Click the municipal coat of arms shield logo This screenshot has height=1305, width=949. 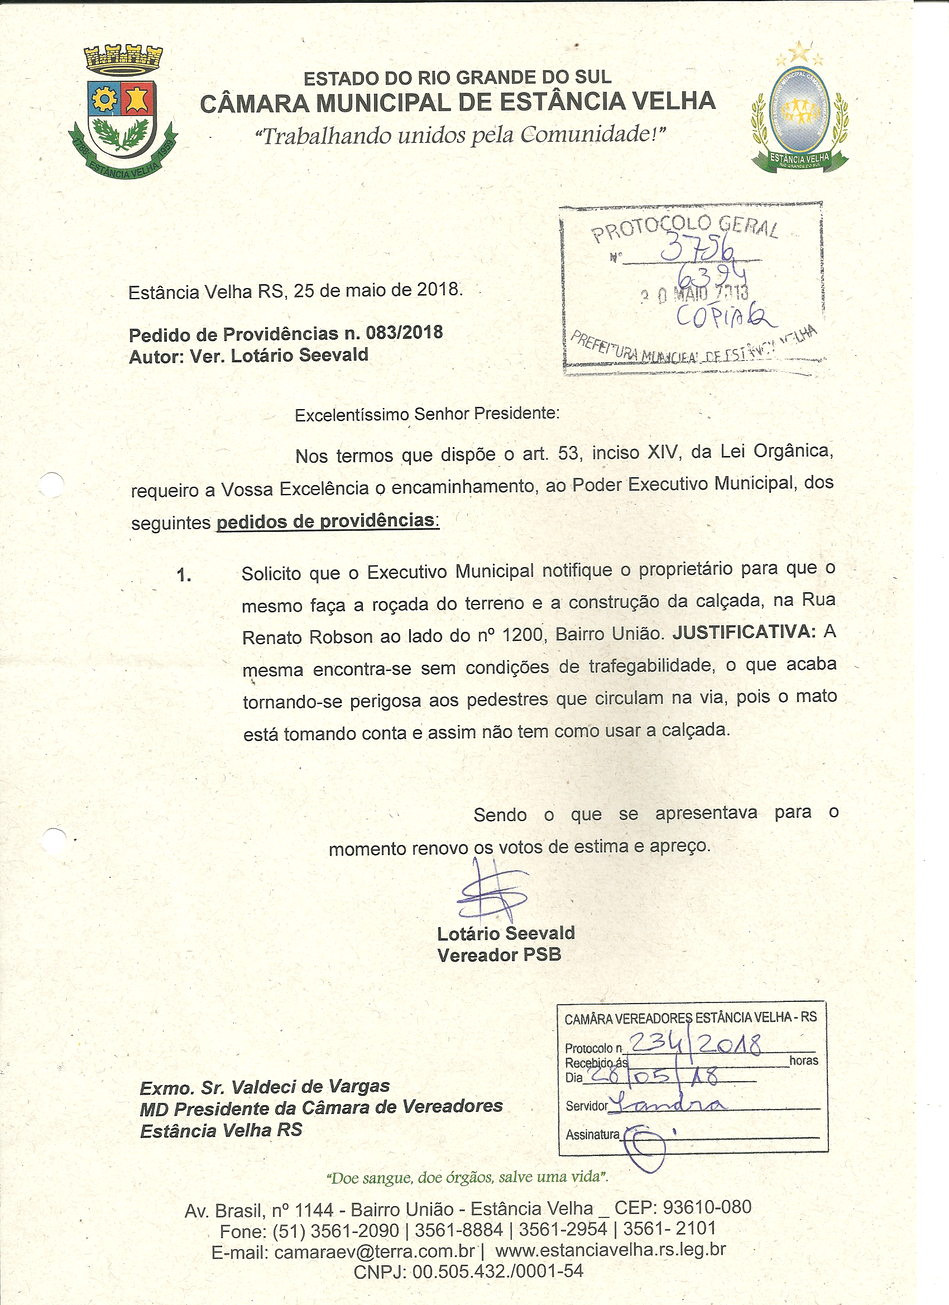[x=123, y=111]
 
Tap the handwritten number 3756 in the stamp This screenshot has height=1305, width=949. [x=697, y=248]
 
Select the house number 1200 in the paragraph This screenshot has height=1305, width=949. [x=523, y=635]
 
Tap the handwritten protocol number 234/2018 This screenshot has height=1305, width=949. [x=694, y=1043]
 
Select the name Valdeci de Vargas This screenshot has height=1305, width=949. [x=311, y=1087]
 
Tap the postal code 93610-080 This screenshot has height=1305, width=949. [x=707, y=1207]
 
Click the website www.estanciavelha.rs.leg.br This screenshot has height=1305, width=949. [x=610, y=1250]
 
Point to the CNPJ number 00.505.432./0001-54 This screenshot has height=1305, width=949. [x=498, y=1271]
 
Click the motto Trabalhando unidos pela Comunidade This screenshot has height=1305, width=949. [x=461, y=136]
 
